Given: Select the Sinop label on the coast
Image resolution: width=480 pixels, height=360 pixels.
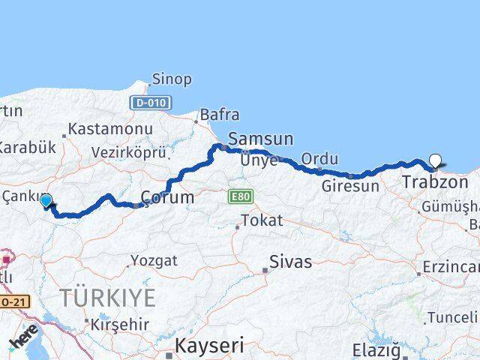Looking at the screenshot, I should (172, 79).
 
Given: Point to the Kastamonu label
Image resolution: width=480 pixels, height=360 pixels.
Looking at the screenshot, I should (110, 129).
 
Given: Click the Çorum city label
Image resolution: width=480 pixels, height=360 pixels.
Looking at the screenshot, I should (167, 198).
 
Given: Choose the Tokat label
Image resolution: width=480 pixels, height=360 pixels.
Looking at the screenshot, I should (261, 220).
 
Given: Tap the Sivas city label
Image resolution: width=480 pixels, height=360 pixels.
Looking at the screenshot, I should (291, 262).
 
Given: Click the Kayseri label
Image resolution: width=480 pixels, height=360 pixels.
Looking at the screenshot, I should (209, 346).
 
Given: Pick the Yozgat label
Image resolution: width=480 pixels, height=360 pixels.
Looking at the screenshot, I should (154, 261).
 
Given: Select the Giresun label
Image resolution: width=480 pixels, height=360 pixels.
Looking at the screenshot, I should (349, 185).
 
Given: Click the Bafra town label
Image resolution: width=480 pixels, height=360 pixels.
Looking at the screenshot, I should (219, 115).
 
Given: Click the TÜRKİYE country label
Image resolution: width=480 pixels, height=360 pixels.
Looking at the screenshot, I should (108, 298).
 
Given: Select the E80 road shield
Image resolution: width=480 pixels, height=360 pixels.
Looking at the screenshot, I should (241, 196).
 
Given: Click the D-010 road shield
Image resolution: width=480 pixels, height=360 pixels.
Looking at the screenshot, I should (151, 103).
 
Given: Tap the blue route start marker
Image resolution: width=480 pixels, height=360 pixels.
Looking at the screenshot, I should (46, 201).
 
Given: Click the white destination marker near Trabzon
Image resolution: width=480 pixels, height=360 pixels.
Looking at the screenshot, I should (436, 159).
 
